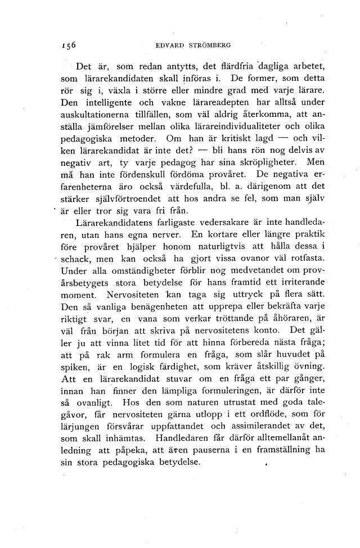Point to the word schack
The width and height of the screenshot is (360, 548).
79,262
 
